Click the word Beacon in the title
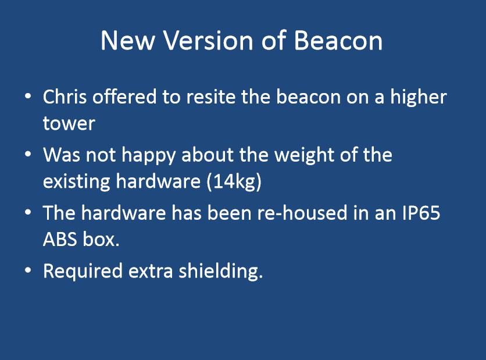tap(338, 40)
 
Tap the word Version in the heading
tap(208, 40)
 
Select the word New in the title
tap(127, 40)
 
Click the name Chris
tap(65, 97)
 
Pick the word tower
tap(69, 123)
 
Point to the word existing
tap(77, 181)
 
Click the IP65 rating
tap(421, 213)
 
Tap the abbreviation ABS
tap(60, 240)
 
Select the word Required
tap(83, 272)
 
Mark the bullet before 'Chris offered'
tap(28, 97)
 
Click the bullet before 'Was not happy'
tap(28, 155)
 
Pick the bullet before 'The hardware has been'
tap(28, 213)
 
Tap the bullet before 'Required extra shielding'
tap(28, 270)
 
